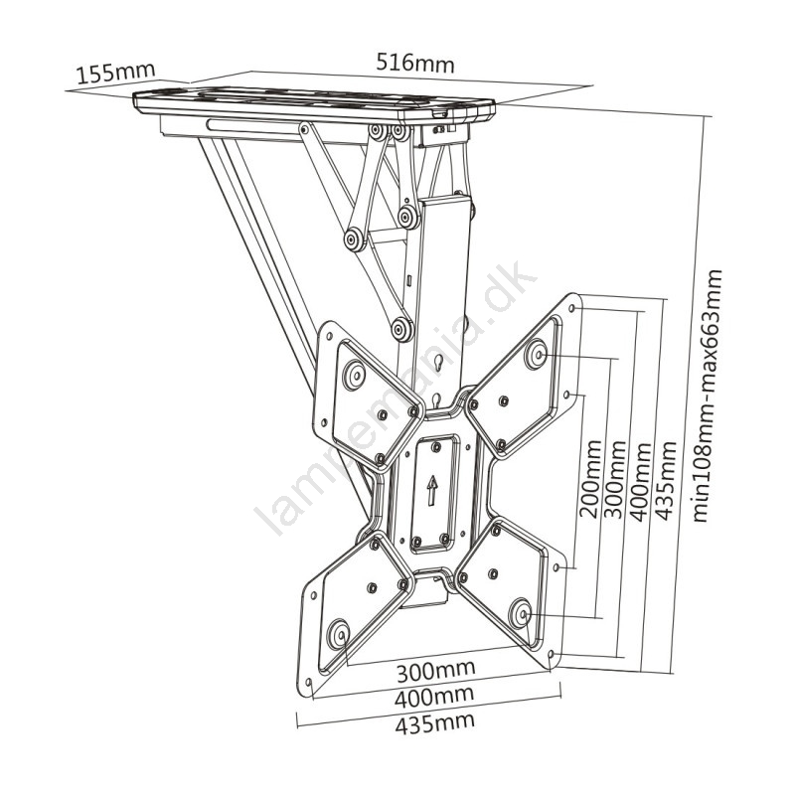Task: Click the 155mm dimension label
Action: pyautogui.click(x=115, y=73)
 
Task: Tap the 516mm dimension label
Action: pyautogui.click(x=415, y=64)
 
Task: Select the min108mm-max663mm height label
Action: pyautogui.click(x=708, y=396)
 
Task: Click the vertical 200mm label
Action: pyautogui.click(x=590, y=479)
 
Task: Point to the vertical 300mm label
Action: pyautogui.click(x=615, y=479)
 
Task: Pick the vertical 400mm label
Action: pyautogui.click(x=640, y=482)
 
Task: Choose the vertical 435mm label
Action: pyautogui.click(x=666, y=481)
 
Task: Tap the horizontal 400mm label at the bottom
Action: pyautogui.click(x=434, y=698)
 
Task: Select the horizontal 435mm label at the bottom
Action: pyautogui.click(x=435, y=723)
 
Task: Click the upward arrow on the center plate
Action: pyautogui.click(x=431, y=490)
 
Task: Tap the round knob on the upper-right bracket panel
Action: pyautogui.click(x=536, y=353)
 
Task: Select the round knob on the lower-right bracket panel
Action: pyautogui.click(x=520, y=613)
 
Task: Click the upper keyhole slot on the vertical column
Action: pyautogui.click(x=438, y=363)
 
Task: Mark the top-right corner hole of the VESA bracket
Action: pyautogui.click(x=572, y=308)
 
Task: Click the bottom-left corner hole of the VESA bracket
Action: pyautogui.click(x=307, y=682)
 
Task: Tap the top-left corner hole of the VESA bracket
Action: pyautogui.click(x=329, y=336)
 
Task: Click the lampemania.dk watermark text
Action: pyautogui.click(x=396, y=398)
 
